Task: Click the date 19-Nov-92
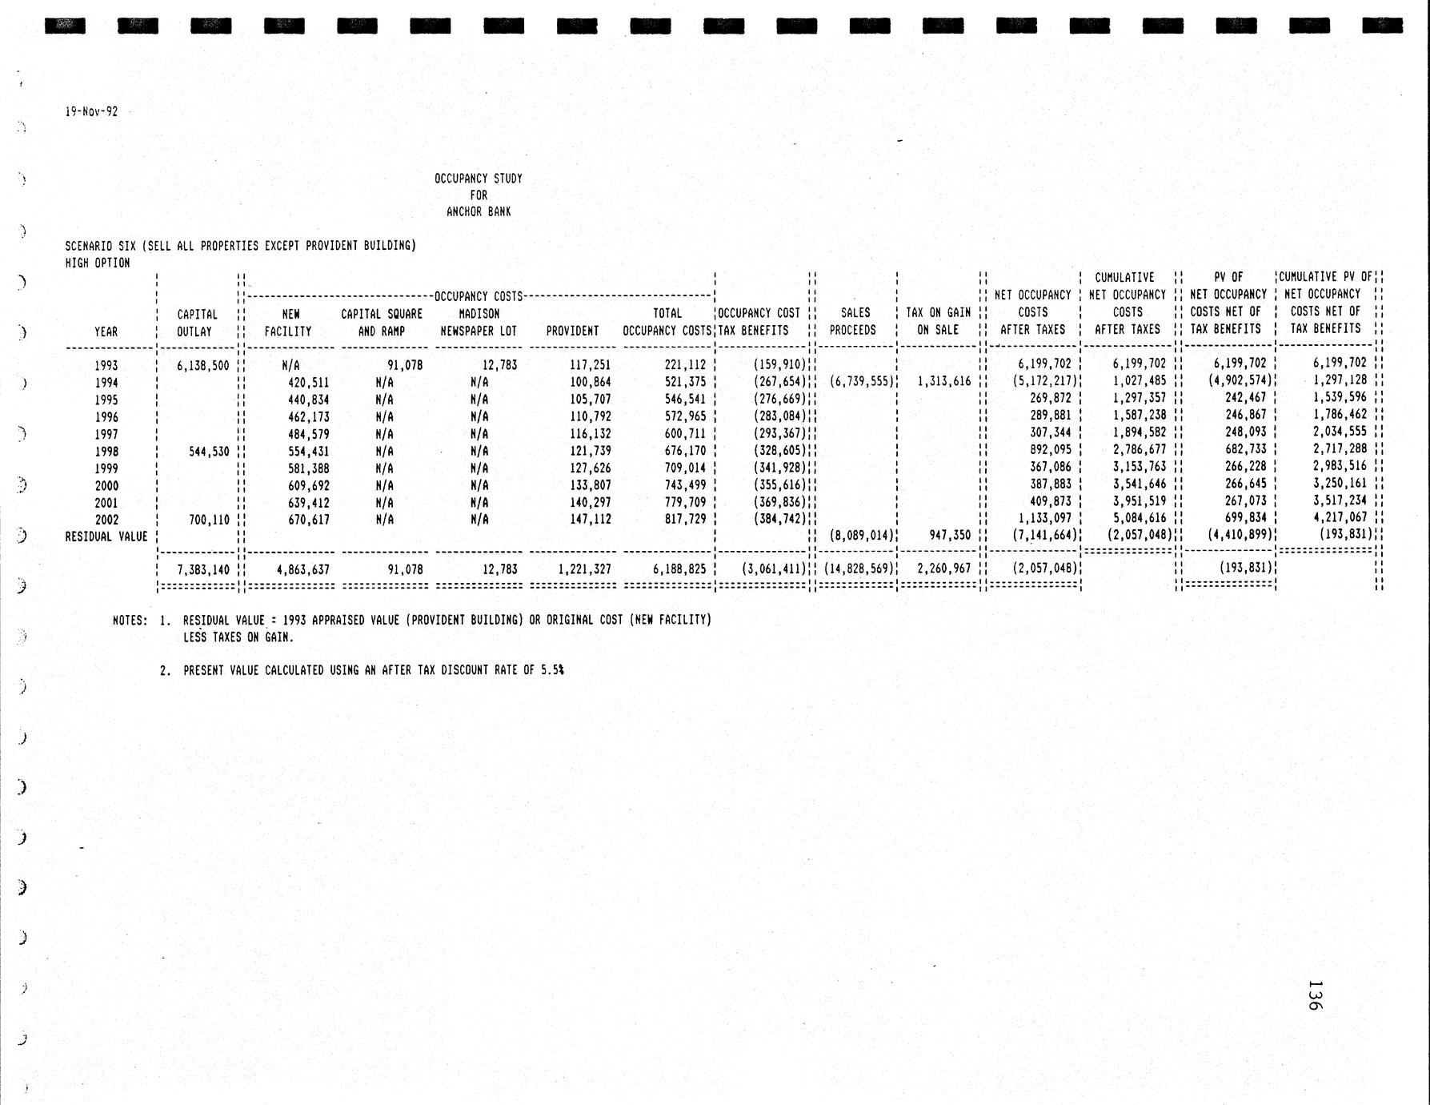coord(91,112)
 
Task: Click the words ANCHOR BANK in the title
coord(479,212)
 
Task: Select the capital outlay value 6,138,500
coord(203,366)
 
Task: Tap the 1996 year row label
coord(106,417)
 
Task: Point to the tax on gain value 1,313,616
coord(944,382)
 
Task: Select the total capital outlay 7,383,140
coord(203,570)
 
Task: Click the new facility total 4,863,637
coord(302,570)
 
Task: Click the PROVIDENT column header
coord(572,331)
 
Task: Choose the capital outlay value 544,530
coord(209,452)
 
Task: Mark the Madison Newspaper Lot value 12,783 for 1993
coord(499,366)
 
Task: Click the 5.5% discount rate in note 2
coord(552,670)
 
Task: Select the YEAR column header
coord(106,331)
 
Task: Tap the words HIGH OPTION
coord(98,263)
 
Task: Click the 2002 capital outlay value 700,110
coord(209,520)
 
